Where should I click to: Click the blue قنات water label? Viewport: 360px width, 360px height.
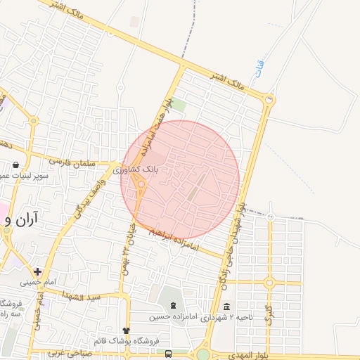(261, 71)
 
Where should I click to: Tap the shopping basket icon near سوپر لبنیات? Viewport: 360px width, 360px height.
(15, 165)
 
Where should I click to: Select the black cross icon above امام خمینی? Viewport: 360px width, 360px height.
(37, 271)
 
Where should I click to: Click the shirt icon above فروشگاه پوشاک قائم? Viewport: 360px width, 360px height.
(126, 330)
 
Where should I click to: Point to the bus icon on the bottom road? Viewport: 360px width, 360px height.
(168, 354)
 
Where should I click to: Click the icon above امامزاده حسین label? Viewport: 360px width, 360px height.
(173, 304)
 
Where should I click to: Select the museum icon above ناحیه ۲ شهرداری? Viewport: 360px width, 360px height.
(226, 307)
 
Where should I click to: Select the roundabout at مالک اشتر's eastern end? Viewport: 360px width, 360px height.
(268, 103)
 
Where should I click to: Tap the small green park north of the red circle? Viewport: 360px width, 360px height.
(179, 105)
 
